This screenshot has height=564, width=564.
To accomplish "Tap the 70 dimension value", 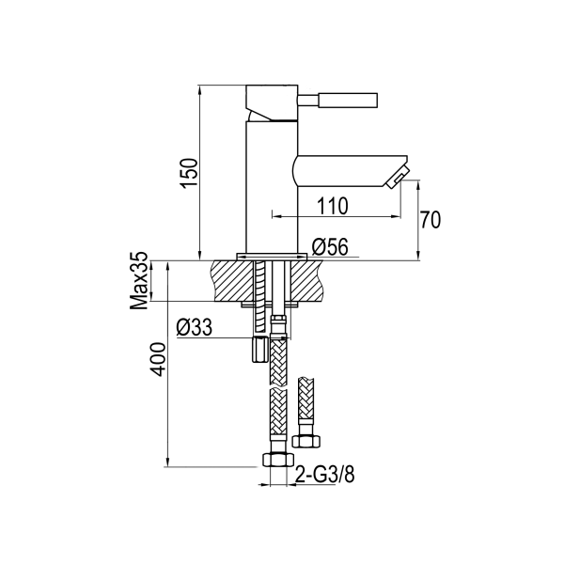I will click(x=431, y=221).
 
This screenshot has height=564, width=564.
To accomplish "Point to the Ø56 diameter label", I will click(x=330, y=246).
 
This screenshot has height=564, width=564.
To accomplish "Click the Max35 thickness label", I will click(x=141, y=280).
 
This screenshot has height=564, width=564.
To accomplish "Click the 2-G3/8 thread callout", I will click(x=323, y=475).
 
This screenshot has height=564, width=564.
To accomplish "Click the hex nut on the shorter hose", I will click(x=305, y=439).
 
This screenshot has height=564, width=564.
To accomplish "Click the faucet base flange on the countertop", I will click(x=272, y=256).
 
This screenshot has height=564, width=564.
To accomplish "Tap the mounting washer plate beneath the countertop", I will click(x=272, y=304).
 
